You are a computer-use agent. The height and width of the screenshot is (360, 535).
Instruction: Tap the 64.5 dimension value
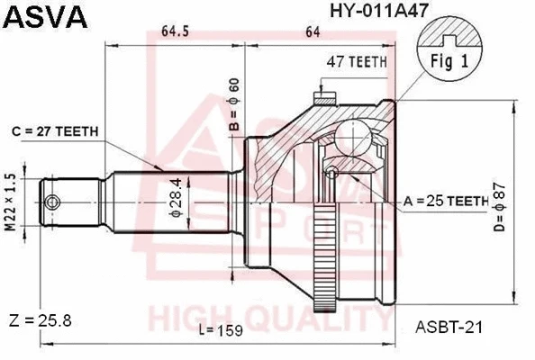coord(175,32)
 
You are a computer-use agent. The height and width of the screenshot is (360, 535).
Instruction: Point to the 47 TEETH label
coord(357,61)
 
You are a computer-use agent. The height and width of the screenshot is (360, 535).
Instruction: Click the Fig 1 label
coord(449,64)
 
